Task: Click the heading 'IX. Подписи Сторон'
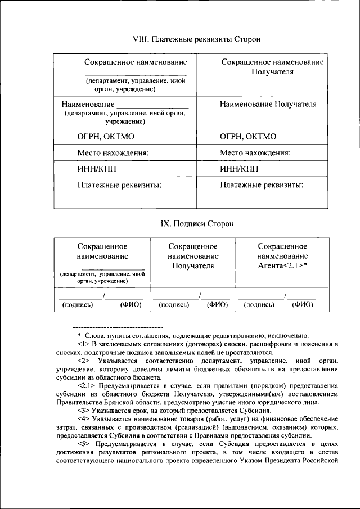click(190, 223)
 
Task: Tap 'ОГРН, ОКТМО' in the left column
click(106, 136)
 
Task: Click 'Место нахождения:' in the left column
click(112, 152)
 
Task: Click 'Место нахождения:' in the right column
click(255, 152)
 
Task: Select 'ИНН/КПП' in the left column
click(97, 169)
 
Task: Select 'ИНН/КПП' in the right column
click(240, 169)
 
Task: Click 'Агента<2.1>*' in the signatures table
click(282, 266)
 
